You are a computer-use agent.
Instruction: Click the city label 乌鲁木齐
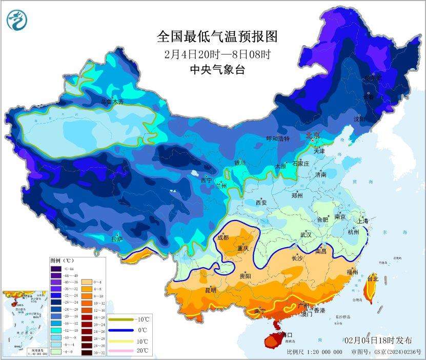pos(112,102)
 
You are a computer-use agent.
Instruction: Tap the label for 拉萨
pos(117,239)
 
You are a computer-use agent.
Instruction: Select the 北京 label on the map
pos(312,135)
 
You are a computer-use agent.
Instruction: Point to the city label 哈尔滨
pos(373,78)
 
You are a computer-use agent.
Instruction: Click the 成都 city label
pos(223,237)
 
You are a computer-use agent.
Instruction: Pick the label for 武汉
pos(306,234)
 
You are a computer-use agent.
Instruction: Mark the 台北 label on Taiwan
pos(373,279)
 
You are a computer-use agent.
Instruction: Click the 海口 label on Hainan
pos(279,334)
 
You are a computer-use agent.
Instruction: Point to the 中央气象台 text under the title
pos(217,70)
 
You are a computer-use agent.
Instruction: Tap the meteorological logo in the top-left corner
pos(17,20)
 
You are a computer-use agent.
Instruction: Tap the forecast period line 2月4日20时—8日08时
pos(217,54)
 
